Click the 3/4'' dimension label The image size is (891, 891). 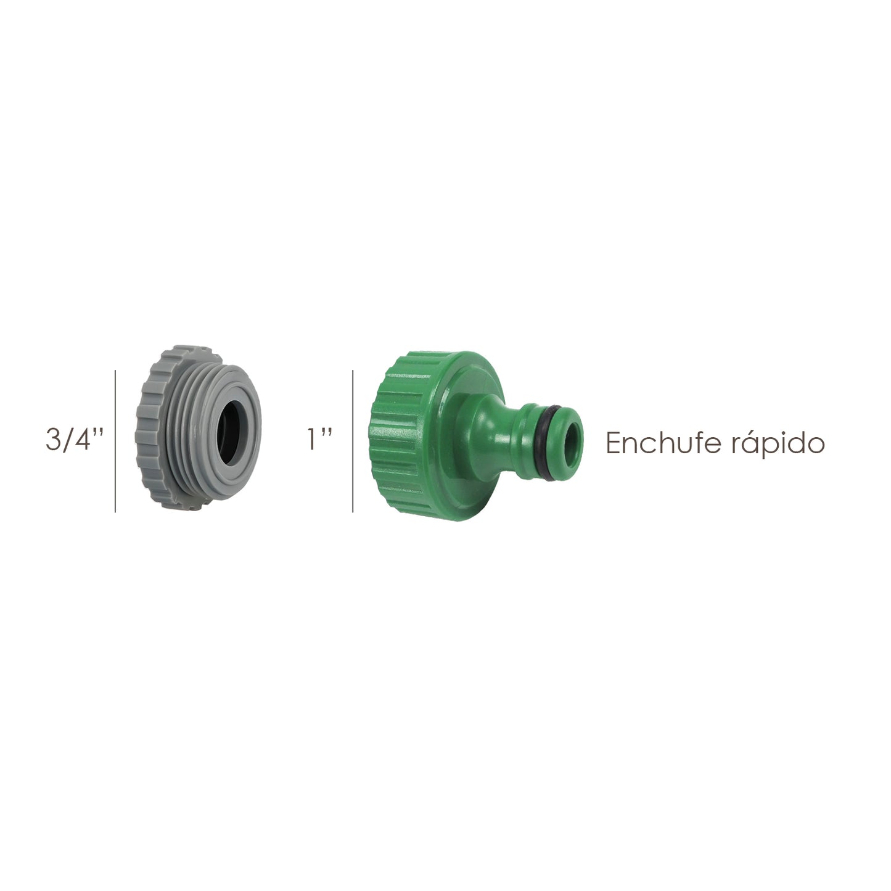pos(73,441)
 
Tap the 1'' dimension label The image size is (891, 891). pos(319,441)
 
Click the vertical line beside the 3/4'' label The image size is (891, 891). pos(115,441)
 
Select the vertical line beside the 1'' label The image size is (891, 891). pos(353,441)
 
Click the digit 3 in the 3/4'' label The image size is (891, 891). pos(54,441)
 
